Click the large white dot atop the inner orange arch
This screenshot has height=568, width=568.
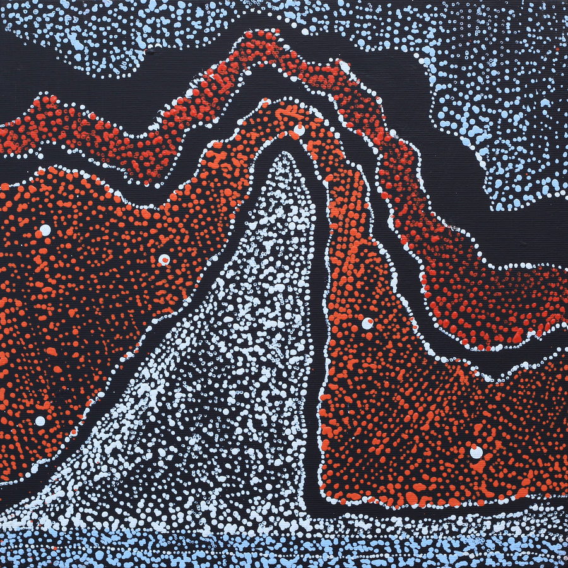299,130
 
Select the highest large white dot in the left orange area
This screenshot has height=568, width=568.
45,230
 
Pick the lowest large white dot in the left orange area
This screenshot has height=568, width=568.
40,420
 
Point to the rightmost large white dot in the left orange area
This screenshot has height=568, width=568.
164,259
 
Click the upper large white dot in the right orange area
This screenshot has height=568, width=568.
367,323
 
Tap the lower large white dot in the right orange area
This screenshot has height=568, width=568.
476,452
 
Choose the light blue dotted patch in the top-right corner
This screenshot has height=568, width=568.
499,95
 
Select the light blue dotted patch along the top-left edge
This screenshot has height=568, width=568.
95,32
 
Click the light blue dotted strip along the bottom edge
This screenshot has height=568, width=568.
284,549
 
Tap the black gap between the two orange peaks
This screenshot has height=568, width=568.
252,88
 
